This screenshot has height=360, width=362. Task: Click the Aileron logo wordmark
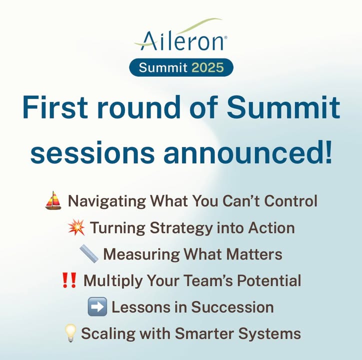point(183,40)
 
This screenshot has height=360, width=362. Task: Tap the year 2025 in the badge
point(207,67)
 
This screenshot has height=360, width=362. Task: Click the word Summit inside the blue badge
point(163,67)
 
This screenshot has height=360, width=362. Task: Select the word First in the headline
point(55,107)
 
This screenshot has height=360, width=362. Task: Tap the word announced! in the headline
point(248,152)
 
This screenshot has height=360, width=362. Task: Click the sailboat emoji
point(53,200)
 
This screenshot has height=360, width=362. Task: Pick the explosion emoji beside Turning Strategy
point(76,227)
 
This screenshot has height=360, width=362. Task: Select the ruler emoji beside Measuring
point(89,254)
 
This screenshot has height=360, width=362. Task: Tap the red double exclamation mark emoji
point(69,280)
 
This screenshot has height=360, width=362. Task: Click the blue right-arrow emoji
point(97,306)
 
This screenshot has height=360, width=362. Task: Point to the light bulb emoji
point(70,333)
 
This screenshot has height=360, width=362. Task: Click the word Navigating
point(107,201)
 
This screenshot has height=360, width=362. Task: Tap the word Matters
point(254,254)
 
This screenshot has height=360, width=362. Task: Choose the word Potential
point(269,280)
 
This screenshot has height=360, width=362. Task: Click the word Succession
point(232,307)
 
